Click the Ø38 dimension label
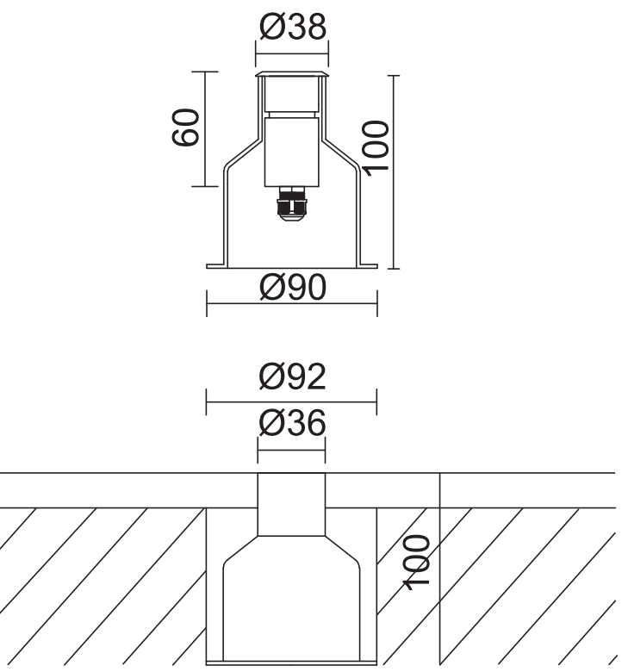[293, 27]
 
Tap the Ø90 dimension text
[293, 287]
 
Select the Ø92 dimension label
[293, 376]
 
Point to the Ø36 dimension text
[293, 423]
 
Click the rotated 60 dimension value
[185, 128]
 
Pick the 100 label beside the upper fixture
[376, 148]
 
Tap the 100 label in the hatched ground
[416, 563]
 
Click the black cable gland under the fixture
[292, 203]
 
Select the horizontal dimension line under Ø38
[292, 54]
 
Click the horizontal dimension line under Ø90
[292, 303]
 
